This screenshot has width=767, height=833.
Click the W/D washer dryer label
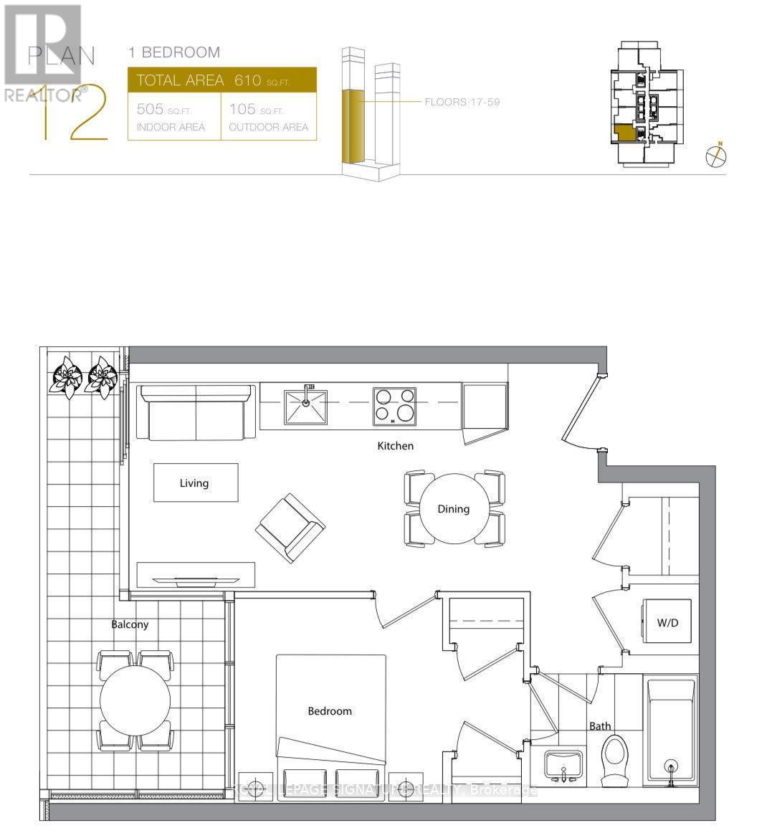(x=667, y=623)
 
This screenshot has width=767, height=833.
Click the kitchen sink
(x=305, y=406)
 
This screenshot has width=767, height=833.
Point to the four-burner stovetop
(x=394, y=406)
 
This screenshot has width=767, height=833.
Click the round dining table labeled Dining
(x=454, y=509)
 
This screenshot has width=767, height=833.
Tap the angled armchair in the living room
(x=290, y=528)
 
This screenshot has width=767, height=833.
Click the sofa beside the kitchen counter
(x=196, y=413)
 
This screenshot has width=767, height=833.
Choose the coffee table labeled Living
(x=194, y=482)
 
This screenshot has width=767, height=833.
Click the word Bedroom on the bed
(x=330, y=711)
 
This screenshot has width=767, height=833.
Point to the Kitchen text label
(x=396, y=446)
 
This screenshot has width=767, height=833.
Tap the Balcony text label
(x=130, y=624)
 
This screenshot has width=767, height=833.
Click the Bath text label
(x=600, y=726)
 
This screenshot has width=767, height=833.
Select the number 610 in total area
(x=247, y=80)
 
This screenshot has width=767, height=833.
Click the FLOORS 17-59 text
(x=462, y=102)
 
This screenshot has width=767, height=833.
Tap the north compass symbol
(x=715, y=156)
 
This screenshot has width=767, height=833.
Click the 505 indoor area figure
(x=151, y=110)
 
